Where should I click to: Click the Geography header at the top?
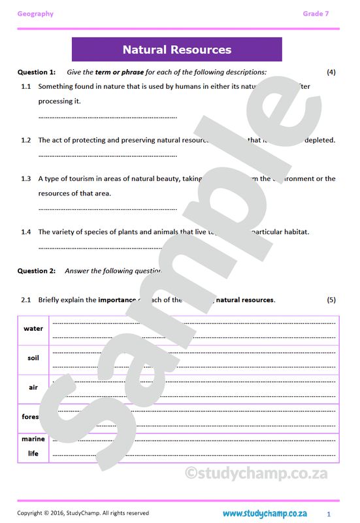(x=35, y=14)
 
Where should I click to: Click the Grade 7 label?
(x=316, y=14)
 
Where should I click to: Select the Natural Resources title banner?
(x=176, y=50)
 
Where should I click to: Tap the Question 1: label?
(x=36, y=72)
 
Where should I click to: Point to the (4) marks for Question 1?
(x=331, y=72)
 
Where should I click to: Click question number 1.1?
(x=26, y=86)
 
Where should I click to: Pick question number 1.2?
(x=26, y=140)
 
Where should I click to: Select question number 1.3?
(x=26, y=178)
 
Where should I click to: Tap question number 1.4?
(x=26, y=231)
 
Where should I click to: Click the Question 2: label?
(x=36, y=271)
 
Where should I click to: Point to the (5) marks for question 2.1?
(x=331, y=299)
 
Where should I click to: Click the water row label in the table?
(x=33, y=329)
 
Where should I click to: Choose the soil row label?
(x=33, y=358)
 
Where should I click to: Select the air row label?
(x=33, y=387)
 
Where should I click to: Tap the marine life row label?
(x=33, y=446)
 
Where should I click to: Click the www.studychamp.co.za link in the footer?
(x=265, y=513)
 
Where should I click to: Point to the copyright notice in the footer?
(x=83, y=513)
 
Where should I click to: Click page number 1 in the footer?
(x=329, y=514)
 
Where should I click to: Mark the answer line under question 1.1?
(x=108, y=117)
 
